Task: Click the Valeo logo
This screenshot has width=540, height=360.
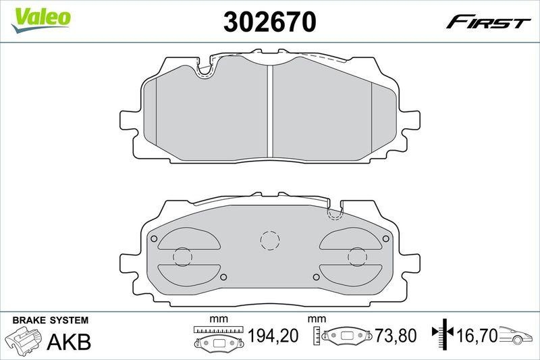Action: point(40,16)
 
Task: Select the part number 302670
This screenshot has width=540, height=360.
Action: point(269,22)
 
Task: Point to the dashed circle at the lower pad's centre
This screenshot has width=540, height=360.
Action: point(269,240)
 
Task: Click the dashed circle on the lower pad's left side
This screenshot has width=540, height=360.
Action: point(182,257)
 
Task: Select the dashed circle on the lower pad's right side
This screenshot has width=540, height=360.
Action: point(356,257)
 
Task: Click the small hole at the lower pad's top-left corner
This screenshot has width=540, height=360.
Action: point(155,238)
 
